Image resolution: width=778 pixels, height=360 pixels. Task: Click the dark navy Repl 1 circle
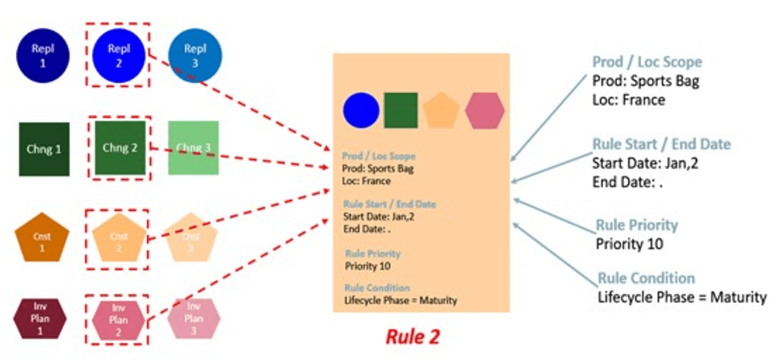click(x=42, y=56)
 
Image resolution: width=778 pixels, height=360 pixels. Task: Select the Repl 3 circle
click(x=195, y=56)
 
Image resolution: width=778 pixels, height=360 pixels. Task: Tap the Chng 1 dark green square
click(x=44, y=149)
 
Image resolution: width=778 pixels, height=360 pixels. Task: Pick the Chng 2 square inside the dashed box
click(x=120, y=148)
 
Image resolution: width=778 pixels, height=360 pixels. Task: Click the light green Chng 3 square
click(x=193, y=148)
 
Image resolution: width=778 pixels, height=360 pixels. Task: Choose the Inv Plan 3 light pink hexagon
click(x=194, y=318)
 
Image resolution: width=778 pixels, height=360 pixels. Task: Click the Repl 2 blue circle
click(x=119, y=56)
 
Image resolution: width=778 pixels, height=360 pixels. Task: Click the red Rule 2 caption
click(x=412, y=336)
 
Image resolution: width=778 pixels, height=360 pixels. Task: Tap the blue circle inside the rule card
click(x=361, y=110)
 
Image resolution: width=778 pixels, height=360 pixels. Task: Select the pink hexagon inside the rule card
click(x=484, y=110)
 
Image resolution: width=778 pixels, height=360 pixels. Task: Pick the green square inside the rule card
click(x=401, y=110)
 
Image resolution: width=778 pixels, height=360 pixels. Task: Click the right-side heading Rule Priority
click(x=636, y=225)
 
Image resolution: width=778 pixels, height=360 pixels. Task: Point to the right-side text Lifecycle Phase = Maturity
click(x=682, y=297)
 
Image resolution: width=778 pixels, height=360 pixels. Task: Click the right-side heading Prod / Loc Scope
click(x=646, y=62)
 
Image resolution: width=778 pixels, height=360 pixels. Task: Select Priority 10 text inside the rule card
click(x=368, y=266)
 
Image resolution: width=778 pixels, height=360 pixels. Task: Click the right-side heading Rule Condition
click(x=646, y=278)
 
